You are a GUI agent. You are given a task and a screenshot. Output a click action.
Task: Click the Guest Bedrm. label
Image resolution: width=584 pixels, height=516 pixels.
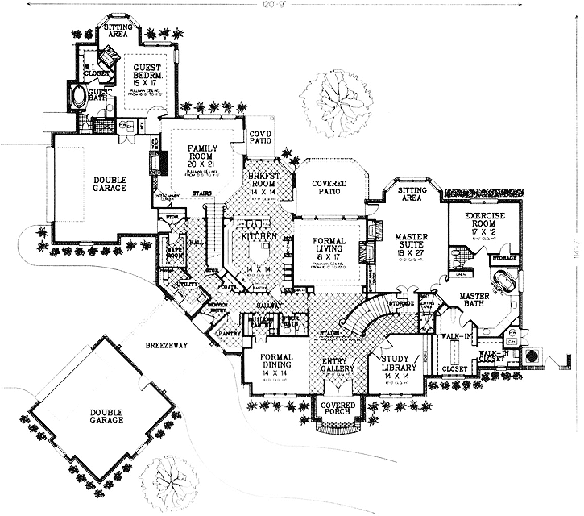tap(148, 74)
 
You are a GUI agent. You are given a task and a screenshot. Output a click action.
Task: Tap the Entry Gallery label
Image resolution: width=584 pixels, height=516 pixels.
tap(338, 363)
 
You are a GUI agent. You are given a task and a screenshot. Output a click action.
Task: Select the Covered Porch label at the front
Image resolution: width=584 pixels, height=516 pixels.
tap(333, 410)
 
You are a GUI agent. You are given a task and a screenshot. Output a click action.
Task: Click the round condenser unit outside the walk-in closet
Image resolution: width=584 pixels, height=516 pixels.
tap(532, 356)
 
